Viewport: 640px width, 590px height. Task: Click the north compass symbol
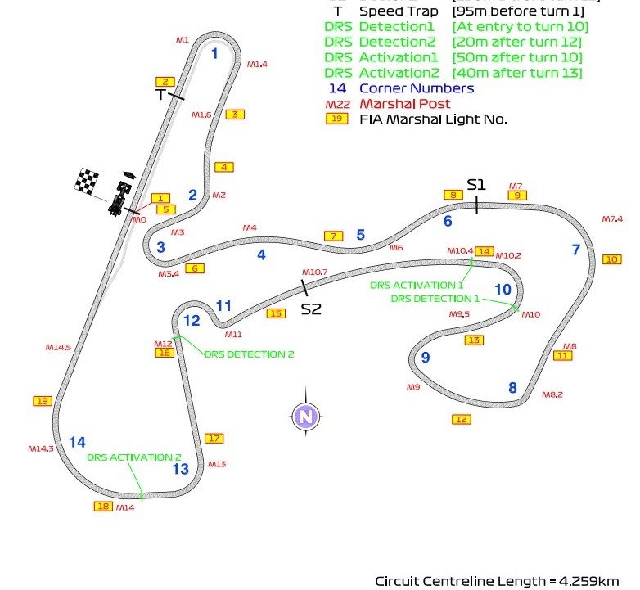coord(306,417)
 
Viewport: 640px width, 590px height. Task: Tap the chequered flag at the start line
coord(87,179)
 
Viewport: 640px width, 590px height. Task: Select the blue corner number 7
coord(575,250)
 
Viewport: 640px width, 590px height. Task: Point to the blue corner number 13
coord(180,469)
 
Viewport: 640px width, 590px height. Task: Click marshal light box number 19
coord(43,401)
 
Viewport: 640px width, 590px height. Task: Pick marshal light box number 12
coord(462,419)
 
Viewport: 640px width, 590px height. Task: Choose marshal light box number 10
coord(611,259)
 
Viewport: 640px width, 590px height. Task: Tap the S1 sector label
coord(476,185)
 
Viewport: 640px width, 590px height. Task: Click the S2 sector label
coord(311,309)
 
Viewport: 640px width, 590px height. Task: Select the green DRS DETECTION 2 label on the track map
coord(249,354)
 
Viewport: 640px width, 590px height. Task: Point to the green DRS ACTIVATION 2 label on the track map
coord(134,457)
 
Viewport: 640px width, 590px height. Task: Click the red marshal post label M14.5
coord(58,348)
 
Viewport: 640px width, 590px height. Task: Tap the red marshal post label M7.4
coord(612,219)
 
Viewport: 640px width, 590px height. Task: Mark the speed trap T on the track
coord(161,95)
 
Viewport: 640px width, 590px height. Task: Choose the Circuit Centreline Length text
coord(497,581)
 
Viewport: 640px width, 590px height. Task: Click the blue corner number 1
coord(214,54)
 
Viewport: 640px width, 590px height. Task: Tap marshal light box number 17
coord(214,439)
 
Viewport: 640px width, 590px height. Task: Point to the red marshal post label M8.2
coord(552,394)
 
